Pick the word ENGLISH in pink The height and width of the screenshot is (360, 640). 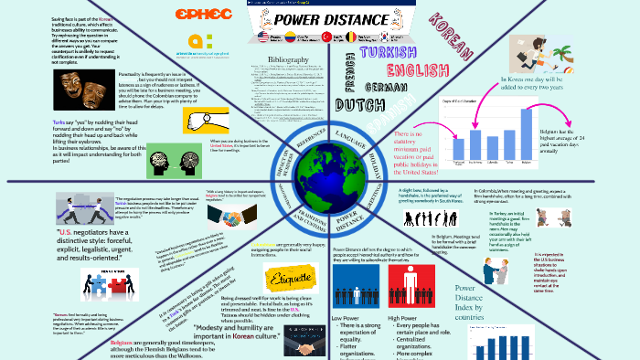point(416,71)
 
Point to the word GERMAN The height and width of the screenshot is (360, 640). point(385,87)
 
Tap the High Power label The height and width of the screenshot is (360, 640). point(409,317)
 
